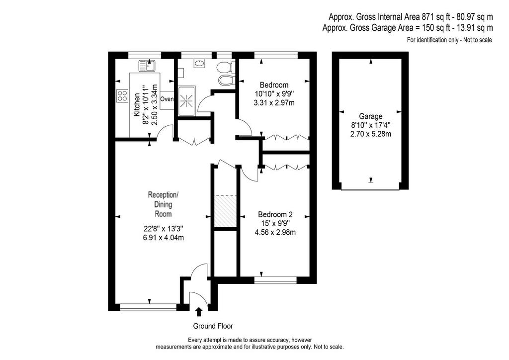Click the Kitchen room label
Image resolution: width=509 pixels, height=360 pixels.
tap(137, 105)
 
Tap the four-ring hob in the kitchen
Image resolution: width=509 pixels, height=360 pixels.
tap(122, 96)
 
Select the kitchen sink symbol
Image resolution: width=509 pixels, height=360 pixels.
tap(147, 66)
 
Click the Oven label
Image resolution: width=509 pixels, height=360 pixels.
tap(167, 99)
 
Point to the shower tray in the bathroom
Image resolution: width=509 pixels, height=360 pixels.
tap(187, 101)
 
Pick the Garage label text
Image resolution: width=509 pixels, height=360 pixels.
tap(371, 116)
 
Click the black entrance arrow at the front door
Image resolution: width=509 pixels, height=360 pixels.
tap(199, 312)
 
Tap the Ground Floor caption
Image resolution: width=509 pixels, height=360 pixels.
tap(213, 326)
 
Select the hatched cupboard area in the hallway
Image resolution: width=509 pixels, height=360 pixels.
tap(226, 211)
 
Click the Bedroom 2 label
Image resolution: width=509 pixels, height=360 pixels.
tap(275, 214)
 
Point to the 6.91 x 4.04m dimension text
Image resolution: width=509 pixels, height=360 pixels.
tap(163, 238)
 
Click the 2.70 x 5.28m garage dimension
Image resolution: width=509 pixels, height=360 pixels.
tap(371, 134)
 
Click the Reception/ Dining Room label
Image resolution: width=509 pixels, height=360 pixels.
tap(163, 204)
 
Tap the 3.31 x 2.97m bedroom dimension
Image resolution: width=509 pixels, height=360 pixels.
tap(274, 103)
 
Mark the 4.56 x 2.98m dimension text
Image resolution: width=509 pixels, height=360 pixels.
tap(275, 232)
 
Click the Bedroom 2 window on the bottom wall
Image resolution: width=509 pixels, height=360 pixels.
tap(275, 280)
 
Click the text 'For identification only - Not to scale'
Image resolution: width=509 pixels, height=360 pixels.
tap(449, 40)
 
